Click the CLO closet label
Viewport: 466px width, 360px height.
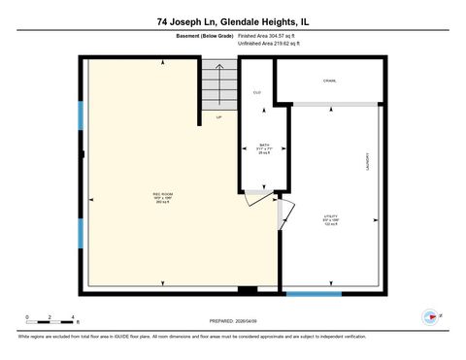[257, 92]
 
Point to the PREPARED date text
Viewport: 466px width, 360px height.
[232, 321]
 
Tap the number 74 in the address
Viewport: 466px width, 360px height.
[161, 20]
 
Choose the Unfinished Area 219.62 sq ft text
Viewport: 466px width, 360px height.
[270, 45]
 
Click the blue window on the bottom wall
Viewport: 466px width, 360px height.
[313, 292]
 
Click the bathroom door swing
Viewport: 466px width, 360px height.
[254, 200]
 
